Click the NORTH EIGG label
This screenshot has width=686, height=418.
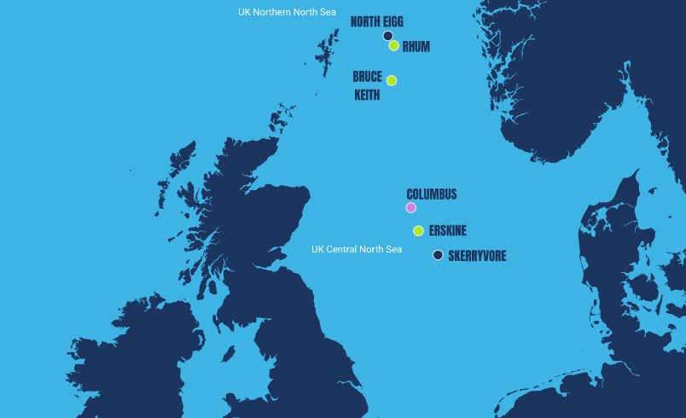tap(377, 22)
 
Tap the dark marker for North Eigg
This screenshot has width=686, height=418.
tap(387, 36)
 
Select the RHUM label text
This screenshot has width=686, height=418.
tap(416, 48)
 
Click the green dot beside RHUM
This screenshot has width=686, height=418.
tap(394, 46)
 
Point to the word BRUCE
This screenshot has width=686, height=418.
tap(367, 77)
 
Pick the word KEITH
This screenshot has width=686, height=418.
tap(367, 95)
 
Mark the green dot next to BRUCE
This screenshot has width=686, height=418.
tap(392, 81)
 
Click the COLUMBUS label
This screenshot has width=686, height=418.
tap(431, 194)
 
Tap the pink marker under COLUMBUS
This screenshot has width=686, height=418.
tap(411, 207)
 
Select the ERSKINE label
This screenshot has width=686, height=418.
tap(448, 231)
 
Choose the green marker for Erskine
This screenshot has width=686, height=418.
tap(418, 231)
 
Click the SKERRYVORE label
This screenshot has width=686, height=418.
tap(477, 256)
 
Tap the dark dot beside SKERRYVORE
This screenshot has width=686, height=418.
tap(438, 255)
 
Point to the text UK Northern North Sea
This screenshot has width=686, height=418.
tap(288, 13)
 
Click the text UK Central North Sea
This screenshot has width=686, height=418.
tap(357, 250)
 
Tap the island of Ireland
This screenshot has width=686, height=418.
tap(128, 358)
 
